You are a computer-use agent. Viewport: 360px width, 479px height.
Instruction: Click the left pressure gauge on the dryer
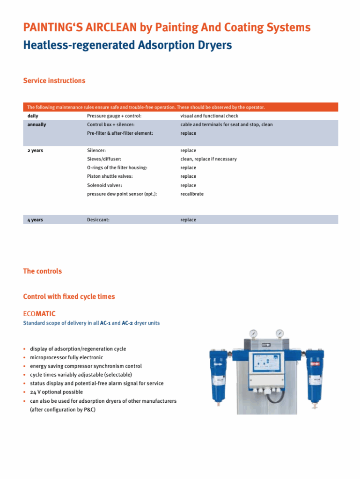point(253,334)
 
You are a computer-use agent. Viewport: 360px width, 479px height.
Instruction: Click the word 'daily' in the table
point(33,116)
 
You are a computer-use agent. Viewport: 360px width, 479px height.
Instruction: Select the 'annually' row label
point(37,125)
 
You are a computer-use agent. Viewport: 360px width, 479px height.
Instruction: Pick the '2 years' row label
point(36,151)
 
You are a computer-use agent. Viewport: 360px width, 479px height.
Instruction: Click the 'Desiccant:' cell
point(98,220)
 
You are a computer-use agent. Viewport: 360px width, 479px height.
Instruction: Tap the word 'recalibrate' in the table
point(192,194)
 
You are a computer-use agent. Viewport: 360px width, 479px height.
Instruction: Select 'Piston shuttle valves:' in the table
point(110,176)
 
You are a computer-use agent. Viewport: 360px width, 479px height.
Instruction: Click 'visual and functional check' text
point(209,116)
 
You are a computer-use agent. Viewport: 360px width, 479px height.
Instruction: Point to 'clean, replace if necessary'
point(208,159)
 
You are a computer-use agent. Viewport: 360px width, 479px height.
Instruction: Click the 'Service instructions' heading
point(54,81)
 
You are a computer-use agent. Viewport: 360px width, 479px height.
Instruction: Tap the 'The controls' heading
point(42,271)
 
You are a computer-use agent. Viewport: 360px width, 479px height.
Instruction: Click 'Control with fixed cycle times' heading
point(69,297)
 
